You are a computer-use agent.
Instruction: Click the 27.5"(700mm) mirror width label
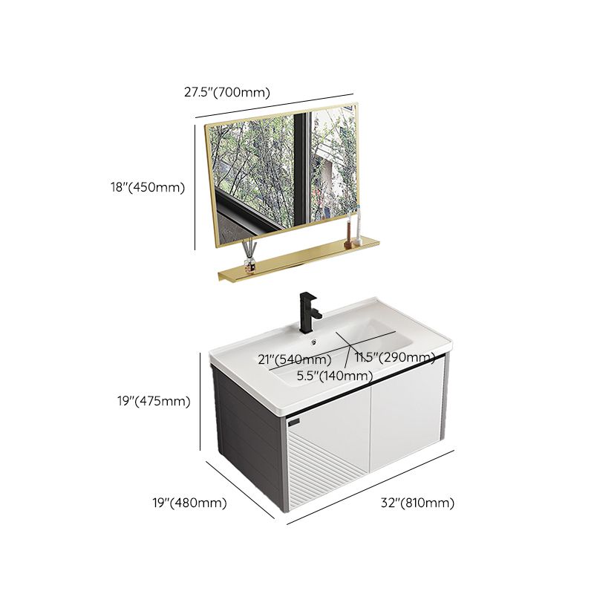click(x=226, y=93)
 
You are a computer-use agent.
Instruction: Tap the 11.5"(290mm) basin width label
click(x=394, y=358)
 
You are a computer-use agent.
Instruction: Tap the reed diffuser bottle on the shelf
click(x=249, y=260)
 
